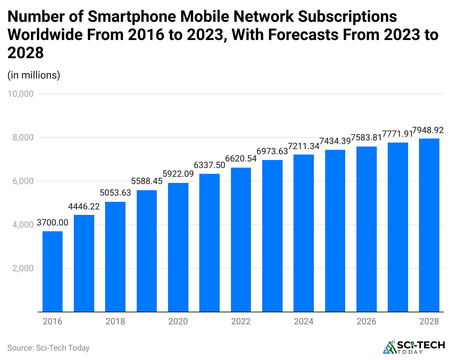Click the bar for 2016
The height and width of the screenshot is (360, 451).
(52, 272)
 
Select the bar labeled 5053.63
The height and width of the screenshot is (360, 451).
(115, 257)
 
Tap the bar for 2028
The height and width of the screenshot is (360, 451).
(429, 225)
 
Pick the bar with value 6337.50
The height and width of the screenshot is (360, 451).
(209, 243)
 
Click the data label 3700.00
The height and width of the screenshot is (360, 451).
(52, 223)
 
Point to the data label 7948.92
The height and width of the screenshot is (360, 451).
(428, 130)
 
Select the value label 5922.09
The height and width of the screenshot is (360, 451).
(178, 174)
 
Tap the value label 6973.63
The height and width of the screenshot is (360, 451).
(272, 151)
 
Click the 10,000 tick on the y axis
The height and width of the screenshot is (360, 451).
(20, 94)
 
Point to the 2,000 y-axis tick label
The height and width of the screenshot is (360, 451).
(23, 268)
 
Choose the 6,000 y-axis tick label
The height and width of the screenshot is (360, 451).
(23, 181)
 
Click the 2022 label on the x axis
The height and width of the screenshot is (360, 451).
(241, 321)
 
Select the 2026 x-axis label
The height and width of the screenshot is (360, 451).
(366, 321)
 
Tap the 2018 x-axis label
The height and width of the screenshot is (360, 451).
(115, 321)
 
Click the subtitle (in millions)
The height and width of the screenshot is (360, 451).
(34, 75)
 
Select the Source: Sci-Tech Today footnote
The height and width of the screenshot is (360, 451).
(48, 348)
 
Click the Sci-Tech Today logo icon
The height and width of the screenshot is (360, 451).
(390, 347)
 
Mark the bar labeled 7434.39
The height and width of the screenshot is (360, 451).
(335, 231)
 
